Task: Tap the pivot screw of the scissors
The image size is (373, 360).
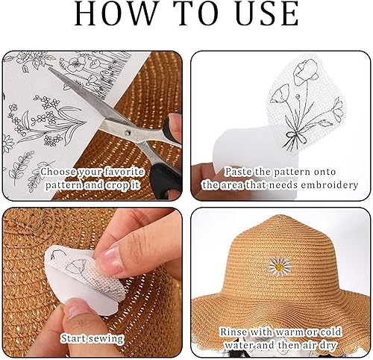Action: (x=128, y=132)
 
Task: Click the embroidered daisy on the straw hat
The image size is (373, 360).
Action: (x=279, y=267)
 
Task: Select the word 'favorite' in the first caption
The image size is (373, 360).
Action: (x=124, y=172)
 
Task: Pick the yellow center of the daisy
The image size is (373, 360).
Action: (x=279, y=267)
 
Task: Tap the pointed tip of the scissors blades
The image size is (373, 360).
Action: (x=49, y=68)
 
